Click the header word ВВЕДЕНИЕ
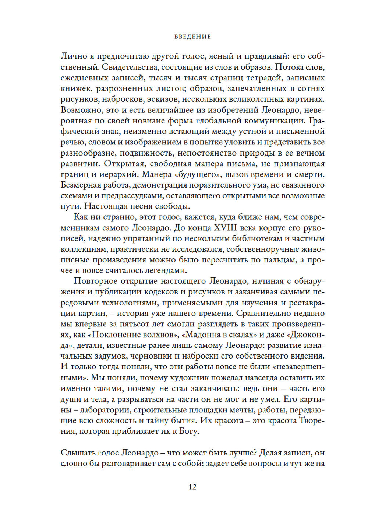tap(192, 36)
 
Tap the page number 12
tap(192, 487)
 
